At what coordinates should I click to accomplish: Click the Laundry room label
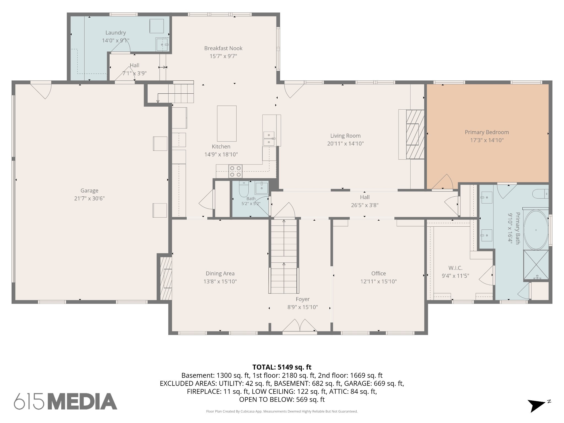(x=116, y=33)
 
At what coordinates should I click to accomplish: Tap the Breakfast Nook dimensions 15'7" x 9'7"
(x=223, y=56)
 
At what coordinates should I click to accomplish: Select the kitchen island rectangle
(x=227, y=124)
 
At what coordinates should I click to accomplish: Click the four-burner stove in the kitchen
(x=235, y=171)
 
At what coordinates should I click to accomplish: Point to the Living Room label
(x=345, y=136)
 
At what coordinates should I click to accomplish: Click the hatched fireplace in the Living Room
(x=415, y=134)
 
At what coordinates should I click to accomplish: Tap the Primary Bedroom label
(x=487, y=132)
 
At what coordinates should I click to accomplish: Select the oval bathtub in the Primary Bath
(x=536, y=230)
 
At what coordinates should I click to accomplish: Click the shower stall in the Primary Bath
(x=536, y=265)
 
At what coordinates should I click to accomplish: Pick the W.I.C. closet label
(x=455, y=268)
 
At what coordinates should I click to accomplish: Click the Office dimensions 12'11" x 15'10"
(x=379, y=281)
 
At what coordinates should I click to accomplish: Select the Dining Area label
(x=220, y=273)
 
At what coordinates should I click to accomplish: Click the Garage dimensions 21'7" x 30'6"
(x=90, y=199)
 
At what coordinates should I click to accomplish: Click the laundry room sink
(x=162, y=44)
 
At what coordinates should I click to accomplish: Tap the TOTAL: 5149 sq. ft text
(x=282, y=367)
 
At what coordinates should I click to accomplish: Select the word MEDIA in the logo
(x=83, y=401)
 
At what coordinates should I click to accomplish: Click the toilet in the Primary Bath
(x=540, y=194)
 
